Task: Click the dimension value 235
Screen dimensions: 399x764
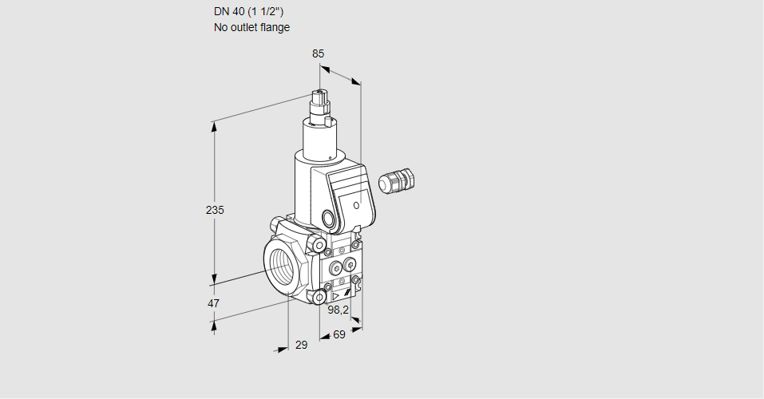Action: (x=215, y=211)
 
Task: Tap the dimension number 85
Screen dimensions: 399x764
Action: (x=319, y=53)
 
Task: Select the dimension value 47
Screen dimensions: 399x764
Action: (x=213, y=303)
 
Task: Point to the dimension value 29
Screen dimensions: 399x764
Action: (x=301, y=345)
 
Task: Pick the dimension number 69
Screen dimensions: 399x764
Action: (x=338, y=334)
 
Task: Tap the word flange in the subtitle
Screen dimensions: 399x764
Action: (x=273, y=27)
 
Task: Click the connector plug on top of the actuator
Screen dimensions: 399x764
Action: (x=322, y=104)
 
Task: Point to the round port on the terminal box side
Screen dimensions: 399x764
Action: (x=328, y=218)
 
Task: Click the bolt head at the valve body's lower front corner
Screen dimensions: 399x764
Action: (x=320, y=298)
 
